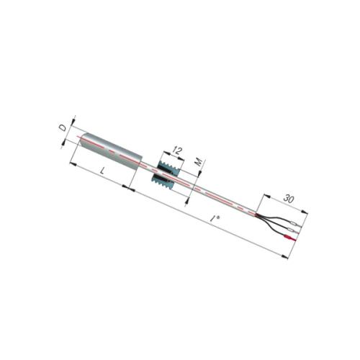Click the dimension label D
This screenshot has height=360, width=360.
[63, 128]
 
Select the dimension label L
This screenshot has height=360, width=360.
[103, 171]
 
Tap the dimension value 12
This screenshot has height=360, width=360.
[177, 150]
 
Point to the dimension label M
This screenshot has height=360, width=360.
[199, 163]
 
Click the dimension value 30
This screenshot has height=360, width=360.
[289, 199]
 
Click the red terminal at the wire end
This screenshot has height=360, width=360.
[290, 238]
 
